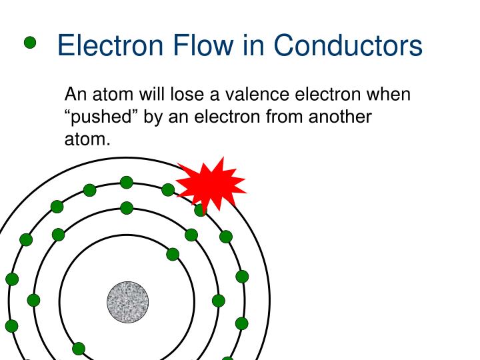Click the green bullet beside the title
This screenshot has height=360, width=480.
30,43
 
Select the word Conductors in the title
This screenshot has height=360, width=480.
348,45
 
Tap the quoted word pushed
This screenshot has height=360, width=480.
98,117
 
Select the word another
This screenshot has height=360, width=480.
339,117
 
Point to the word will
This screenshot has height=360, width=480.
151,95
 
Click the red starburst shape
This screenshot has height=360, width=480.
211,183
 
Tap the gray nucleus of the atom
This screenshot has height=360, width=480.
127,302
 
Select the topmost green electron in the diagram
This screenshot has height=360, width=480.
127,182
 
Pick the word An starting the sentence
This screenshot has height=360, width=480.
75,95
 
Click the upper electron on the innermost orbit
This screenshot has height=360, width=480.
173,254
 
